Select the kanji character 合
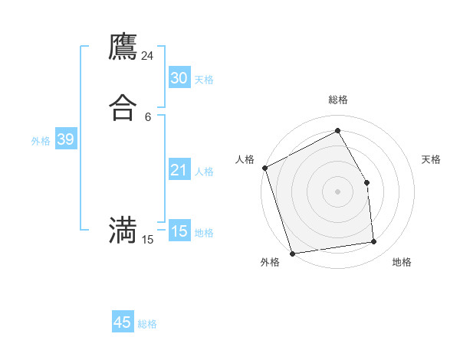click(x=123, y=107)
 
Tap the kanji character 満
click(x=123, y=230)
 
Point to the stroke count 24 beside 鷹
click(x=148, y=56)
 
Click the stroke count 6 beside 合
click(x=148, y=116)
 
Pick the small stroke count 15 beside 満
click(x=148, y=240)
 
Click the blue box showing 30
click(x=179, y=78)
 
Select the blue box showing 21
click(x=179, y=170)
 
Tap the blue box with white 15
click(x=179, y=231)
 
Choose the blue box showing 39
click(x=65, y=139)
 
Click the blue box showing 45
click(x=123, y=322)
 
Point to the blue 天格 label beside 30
click(x=204, y=80)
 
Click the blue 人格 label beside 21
click(x=204, y=172)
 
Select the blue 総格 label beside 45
click(x=147, y=324)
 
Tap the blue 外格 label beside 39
click(x=41, y=141)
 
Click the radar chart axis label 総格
click(x=338, y=100)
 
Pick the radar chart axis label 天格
click(x=431, y=159)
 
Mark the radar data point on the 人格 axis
click(x=264, y=168)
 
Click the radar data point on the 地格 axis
click(x=374, y=242)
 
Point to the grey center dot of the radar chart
click(x=337, y=191)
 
